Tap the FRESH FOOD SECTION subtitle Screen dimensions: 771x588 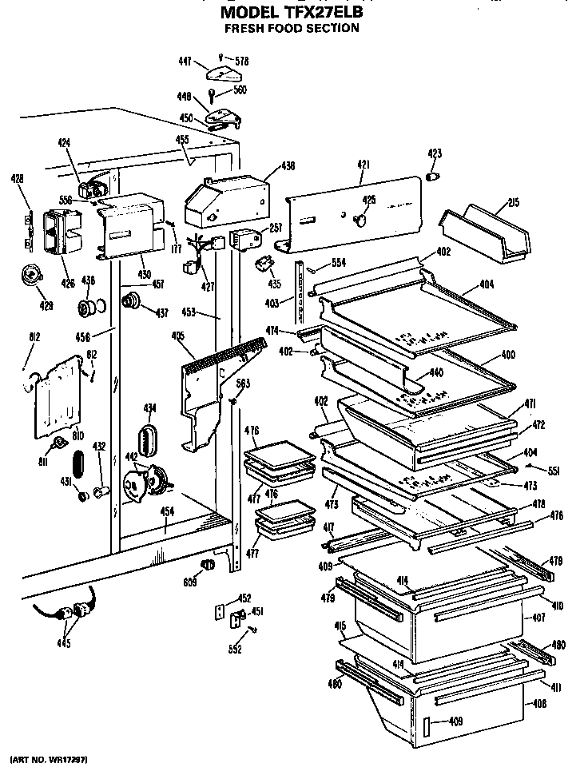click(x=291, y=29)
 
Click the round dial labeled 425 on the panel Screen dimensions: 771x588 click(x=361, y=217)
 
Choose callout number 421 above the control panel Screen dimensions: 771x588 click(x=364, y=165)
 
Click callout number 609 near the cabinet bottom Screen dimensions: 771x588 click(x=189, y=583)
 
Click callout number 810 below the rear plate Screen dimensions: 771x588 click(x=77, y=436)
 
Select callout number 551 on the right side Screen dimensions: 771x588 click(x=554, y=471)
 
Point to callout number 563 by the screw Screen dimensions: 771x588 click(x=243, y=384)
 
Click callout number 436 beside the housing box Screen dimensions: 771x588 click(x=288, y=166)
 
